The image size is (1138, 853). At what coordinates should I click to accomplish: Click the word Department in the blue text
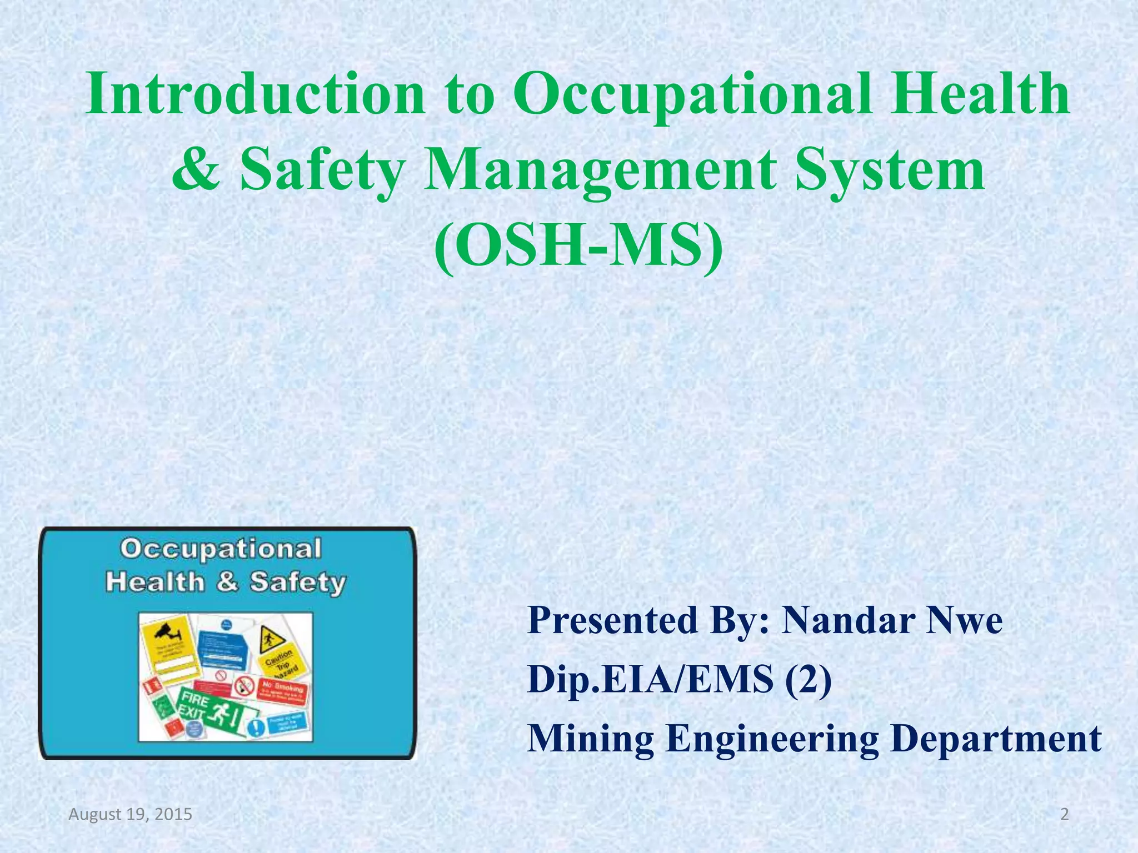pyautogui.click(x=996, y=739)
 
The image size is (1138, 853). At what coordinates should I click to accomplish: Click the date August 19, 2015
pyautogui.click(x=130, y=815)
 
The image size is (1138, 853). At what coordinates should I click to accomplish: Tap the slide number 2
pyautogui.click(x=1064, y=815)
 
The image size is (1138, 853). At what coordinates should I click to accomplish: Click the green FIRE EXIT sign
pyautogui.click(x=214, y=711)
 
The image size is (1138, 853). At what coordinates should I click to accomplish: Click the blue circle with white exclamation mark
pyautogui.click(x=255, y=727)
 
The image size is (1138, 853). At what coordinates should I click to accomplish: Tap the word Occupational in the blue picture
pyautogui.click(x=221, y=549)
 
